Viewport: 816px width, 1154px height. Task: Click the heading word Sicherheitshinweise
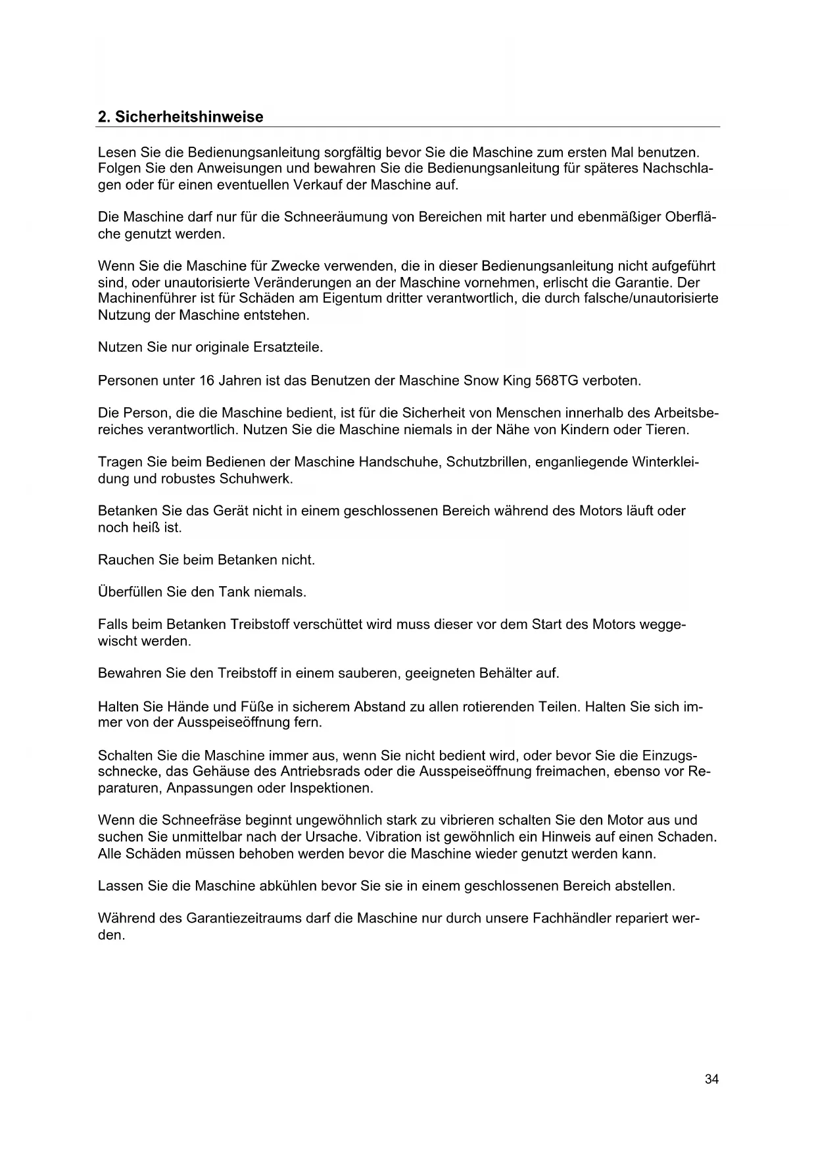[x=189, y=117]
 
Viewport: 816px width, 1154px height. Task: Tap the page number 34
[x=711, y=1079]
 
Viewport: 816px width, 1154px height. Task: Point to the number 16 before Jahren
[x=206, y=381]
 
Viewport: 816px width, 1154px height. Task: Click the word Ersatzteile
[x=288, y=347]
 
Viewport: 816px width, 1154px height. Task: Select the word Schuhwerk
[x=258, y=478]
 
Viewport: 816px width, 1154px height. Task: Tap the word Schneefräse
[x=200, y=820]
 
